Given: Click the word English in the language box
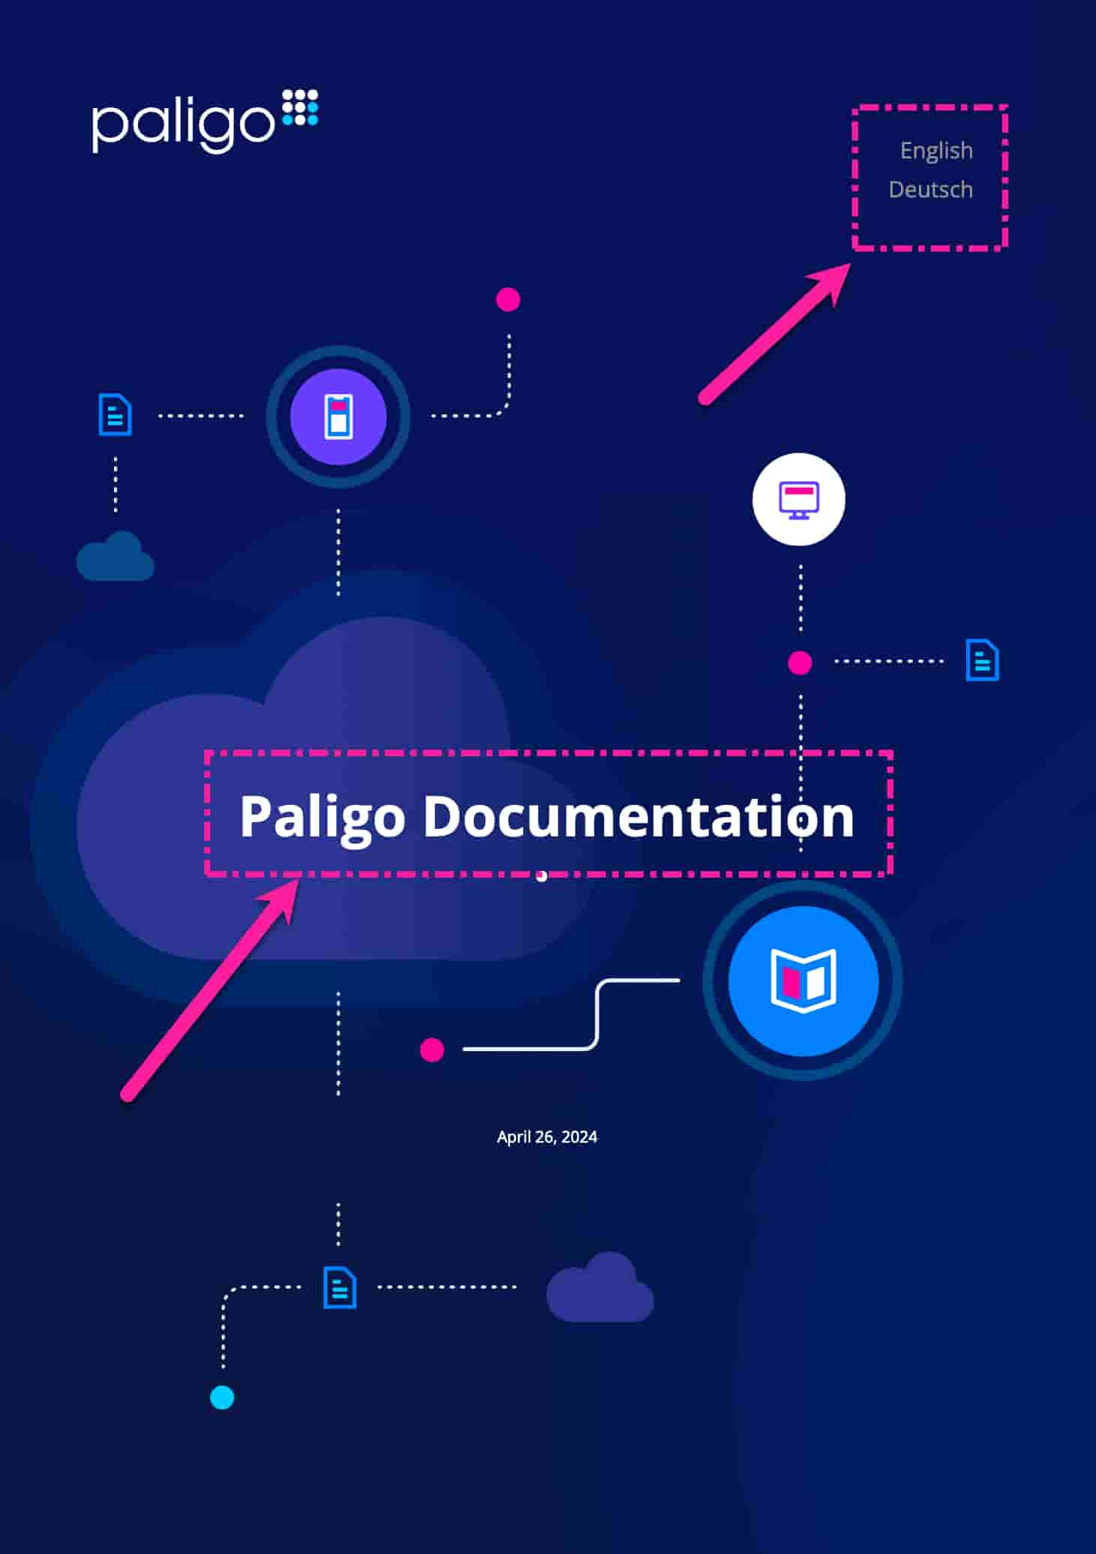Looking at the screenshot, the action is pyautogui.click(x=936, y=151).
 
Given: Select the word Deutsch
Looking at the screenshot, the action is pyautogui.click(x=931, y=189).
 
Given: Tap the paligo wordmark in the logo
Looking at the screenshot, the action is pyautogui.click(x=183, y=124).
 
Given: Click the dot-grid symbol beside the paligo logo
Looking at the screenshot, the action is pyautogui.click(x=300, y=107).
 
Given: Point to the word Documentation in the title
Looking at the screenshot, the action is pyautogui.click(x=639, y=816).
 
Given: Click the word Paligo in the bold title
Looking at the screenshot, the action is pyautogui.click(x=323, y=819).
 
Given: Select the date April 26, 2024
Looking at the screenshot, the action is pyautogui.click(x=547, y=1137).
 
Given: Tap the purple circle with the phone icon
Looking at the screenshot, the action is pyautogui.click(x=339, y=417).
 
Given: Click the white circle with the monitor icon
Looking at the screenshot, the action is pyautogui.click(x=799, y=499).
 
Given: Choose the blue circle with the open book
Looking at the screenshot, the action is pyautogui.click(x=803, y=980).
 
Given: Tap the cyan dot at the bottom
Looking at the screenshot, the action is pyautogui.click(x=222, y=1398).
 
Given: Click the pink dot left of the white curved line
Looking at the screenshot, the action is pyautogui.click(x=432, y=1050).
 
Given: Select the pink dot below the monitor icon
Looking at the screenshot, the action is pyautogui.click(x=800, y=663).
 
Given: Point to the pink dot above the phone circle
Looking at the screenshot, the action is pyautogui.click(x=508, y=300).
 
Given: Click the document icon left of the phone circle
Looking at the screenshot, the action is pyautogui.click(x=116, y=414).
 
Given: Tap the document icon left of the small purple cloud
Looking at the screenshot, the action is pyautogui.click(x=340, y=1287).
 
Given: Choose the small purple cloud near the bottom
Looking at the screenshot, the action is pyautogui.click(x=600, y=1287).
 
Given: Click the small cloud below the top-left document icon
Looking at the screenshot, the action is pyautogui.click(x=116, y=556).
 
